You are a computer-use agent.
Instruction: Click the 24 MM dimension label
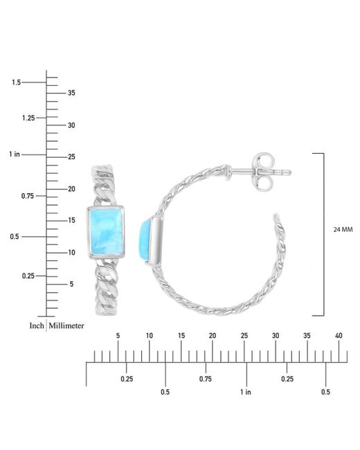coord(343,230)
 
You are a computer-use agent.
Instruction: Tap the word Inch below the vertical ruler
coord(37,325)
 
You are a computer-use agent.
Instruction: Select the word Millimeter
coord(66,325)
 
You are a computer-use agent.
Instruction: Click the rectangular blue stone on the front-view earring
coord(106,232)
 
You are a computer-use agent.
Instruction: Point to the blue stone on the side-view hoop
coord(145,240)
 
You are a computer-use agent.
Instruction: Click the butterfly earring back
coord(262,172)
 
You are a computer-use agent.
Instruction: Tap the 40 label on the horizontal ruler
coord(339,336)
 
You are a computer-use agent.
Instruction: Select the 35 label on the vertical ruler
coord(71,93)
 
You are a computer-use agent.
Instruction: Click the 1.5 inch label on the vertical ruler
coord(16,82)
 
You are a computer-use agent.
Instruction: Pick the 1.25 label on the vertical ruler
coord(28,118)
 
